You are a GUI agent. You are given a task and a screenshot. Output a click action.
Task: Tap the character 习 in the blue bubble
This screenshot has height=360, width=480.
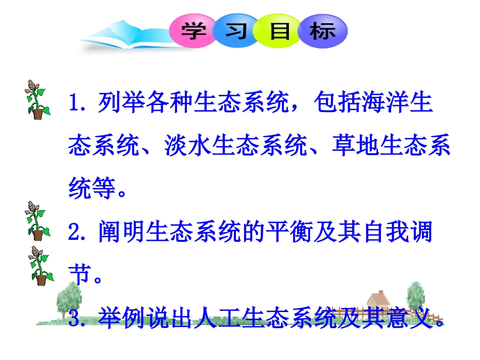click(x=236, y=31)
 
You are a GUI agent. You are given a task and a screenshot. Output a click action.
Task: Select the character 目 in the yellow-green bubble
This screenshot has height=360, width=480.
click(x=280, y=31)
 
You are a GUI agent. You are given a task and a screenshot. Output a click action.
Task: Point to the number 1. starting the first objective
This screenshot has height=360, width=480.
click(x=80, y=104)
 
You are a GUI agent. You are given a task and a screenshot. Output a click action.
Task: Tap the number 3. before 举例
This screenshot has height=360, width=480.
click(x=80, y=319)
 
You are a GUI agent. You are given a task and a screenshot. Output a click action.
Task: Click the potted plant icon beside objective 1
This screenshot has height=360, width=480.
click(x=37, y=99)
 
